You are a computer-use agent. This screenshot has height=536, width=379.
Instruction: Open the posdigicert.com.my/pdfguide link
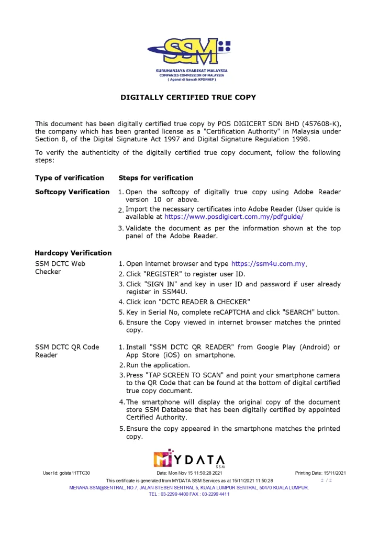tap(233, 216)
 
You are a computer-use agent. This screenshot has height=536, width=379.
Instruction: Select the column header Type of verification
tap(70, 178)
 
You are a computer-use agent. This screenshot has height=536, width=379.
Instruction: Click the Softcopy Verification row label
tap(72, 192)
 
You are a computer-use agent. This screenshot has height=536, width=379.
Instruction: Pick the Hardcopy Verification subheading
tap(73, 253)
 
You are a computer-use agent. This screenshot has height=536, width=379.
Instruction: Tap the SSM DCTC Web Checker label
tap(60, 267)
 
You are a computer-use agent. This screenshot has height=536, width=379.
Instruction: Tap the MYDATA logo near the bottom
tap(189, 460)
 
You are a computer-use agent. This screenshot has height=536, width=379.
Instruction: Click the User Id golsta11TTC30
tap(66, 473)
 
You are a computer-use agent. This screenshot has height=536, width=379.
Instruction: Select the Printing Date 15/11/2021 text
tap(320, 473)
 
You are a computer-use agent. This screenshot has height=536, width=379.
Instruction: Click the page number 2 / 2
tap(327, 480)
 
